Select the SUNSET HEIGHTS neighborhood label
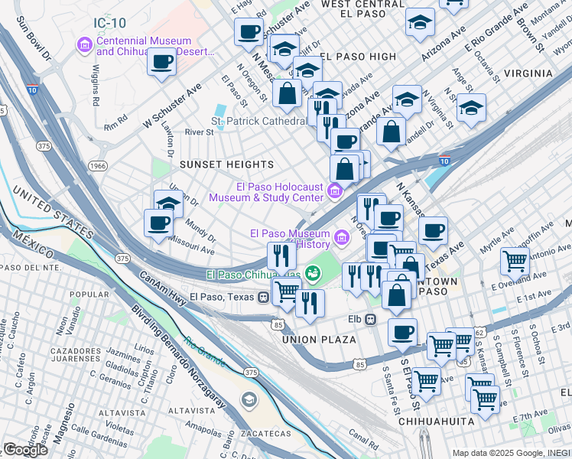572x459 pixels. coord(226,164)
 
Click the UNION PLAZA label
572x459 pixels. coord(319,339)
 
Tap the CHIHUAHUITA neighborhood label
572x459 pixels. coord(437,422)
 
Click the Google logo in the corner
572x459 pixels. coord(25,450)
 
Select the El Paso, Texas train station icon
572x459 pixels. coord(263,297)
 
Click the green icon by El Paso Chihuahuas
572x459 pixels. coord(312,272)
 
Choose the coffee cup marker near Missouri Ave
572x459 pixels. coord(159,223)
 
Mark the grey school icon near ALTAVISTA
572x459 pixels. coord(249,399)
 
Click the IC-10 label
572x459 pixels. coord(111,23)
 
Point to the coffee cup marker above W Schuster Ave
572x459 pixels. coord(161,61)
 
